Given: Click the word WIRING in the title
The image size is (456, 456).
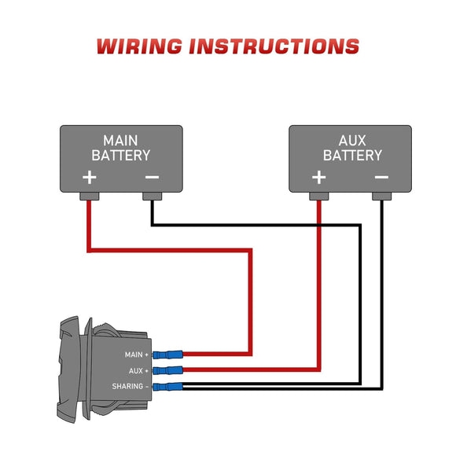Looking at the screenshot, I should (x=139, y=46).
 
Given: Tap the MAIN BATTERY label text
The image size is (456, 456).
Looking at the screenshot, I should (x=120, y=147).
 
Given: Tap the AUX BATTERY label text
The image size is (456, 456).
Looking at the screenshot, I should (x=351, y=147).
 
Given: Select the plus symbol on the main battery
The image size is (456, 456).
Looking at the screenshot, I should (x=90, y=177).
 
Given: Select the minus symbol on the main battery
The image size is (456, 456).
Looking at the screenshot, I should (x=152, y=177).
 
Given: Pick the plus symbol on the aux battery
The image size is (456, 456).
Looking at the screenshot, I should (x=318, y=177).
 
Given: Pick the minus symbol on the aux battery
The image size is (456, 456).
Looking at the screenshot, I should (x=381, y=177).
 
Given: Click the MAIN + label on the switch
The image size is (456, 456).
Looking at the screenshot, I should (x=136, y=355).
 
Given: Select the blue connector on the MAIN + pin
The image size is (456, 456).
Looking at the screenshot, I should (x=168, y=355).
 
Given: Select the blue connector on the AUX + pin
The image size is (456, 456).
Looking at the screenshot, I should (x=168, y=370).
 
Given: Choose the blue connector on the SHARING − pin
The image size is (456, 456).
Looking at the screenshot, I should (x=168, y=386).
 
